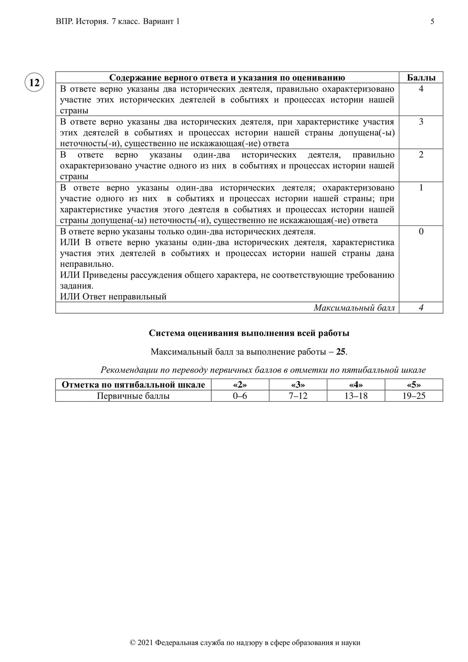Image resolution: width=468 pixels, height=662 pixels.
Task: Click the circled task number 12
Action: click(x=34, y=83)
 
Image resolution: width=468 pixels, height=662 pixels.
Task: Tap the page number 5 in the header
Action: click(x=432, y=22)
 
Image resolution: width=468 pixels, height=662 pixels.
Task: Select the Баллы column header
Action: click(x=421, y=78)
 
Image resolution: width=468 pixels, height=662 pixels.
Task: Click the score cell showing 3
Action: click(x=421, y=122)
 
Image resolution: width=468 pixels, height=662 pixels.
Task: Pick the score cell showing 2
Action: click(x=421, y=155)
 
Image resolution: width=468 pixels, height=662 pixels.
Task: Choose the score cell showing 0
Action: click(x=421, y=232)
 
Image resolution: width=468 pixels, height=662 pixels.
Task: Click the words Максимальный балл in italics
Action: click(x=354, y=308)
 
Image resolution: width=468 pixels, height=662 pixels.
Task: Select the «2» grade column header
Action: click(x=240, y=384)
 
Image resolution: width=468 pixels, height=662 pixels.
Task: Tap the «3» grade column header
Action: click(x=298, y=384)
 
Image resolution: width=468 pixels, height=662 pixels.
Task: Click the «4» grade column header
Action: click(x=356, y=384)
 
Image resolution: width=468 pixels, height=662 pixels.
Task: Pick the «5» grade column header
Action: click(x=414, y=384)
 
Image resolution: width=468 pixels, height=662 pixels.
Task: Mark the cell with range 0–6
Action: click(x=240, y=396)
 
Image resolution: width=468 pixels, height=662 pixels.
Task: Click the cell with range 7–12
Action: click(x=298, y=396)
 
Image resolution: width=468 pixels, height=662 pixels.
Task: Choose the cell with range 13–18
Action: click(x=356, y=396)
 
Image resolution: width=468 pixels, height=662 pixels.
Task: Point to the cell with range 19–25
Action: click(x=414, y=396)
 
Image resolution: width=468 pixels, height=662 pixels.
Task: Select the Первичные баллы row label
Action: click(x=133, y=396)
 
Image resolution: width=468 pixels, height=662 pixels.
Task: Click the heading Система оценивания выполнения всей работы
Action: click(x=249, y=333)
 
